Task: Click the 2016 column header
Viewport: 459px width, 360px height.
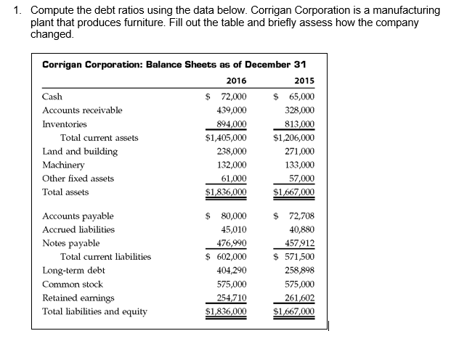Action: pos(236,81)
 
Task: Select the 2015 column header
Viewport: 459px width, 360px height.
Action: pos(304,81)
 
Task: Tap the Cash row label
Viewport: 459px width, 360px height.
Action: pos(52,97)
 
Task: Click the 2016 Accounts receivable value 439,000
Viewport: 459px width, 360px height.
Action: pos(232,110)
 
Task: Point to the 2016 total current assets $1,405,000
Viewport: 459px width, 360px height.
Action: pos(227,137)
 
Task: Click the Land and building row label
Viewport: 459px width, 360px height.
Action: pos(80,151)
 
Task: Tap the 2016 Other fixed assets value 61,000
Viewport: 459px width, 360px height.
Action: pos(234,179)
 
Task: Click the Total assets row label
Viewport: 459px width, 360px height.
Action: pos(66,192)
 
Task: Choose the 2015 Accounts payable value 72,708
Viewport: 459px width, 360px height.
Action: pos(301,216)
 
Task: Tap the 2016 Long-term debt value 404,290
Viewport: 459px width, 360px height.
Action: pos(232,271)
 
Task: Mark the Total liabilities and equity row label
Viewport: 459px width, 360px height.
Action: pos(94,311)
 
